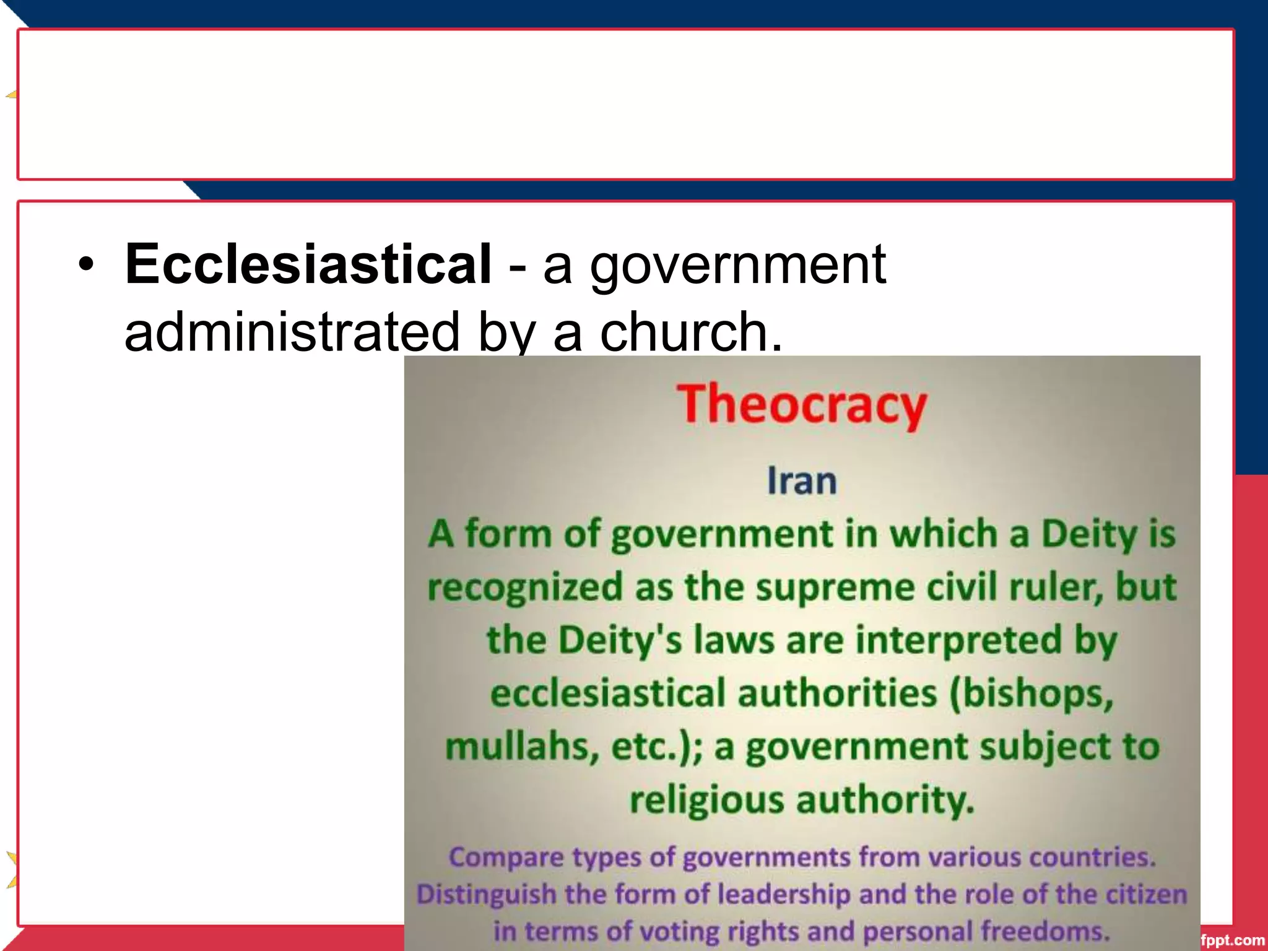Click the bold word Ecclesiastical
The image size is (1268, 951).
308,264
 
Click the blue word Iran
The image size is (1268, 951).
802,481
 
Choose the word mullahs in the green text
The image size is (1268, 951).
522,746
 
